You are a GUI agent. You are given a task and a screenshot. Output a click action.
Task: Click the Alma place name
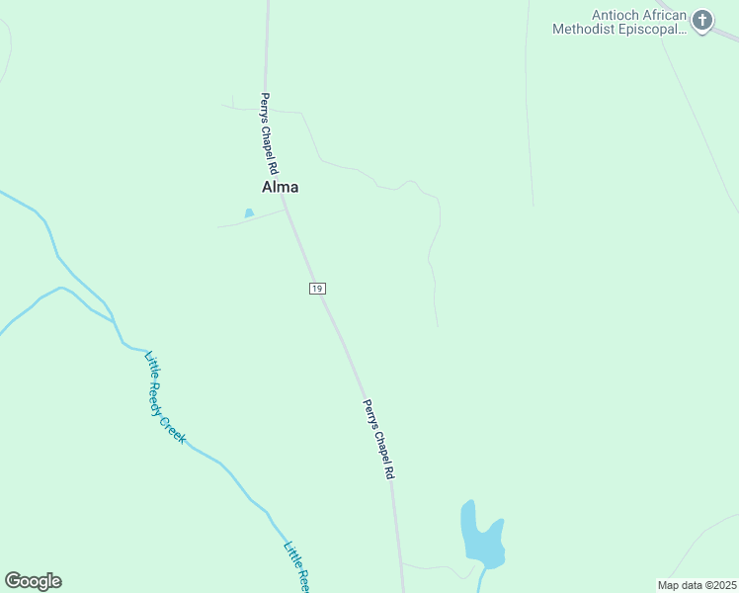pos(280,187)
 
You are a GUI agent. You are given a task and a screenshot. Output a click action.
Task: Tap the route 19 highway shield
pos(316,288)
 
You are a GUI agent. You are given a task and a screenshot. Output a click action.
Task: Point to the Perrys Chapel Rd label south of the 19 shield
pos(378,439)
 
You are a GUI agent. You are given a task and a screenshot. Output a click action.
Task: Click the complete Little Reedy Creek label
pos(165,397)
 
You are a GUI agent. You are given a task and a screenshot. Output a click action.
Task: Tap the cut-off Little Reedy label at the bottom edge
pos(297,565)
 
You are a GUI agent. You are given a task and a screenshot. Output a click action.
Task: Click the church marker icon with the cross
pos(701,21)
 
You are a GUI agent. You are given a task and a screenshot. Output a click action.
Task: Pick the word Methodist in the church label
pos(586,29)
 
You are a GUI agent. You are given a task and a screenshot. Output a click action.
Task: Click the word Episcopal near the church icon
pos(652,29)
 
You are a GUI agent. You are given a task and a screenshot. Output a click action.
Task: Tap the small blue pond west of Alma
pos(249,212)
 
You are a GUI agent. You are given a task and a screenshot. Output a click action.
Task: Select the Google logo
pos(33,581)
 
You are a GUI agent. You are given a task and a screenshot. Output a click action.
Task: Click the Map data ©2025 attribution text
pos(697,585)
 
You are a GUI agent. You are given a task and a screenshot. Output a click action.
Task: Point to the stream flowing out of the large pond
pos(480,579)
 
